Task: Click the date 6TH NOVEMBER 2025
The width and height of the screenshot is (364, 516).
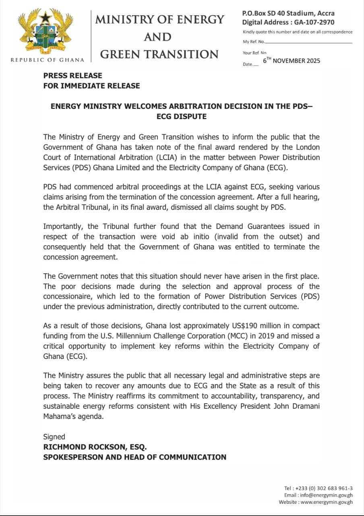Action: tap(292, 60)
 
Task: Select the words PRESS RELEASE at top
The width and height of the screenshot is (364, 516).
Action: tap(73, 75)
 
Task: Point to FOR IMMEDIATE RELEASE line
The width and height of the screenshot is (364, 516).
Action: tap(92, 85)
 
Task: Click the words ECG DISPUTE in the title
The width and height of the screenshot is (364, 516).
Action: tap(182, 116)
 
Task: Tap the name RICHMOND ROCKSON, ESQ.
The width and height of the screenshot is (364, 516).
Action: tap(95, 447)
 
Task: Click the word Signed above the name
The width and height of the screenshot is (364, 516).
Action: tap(54, 437)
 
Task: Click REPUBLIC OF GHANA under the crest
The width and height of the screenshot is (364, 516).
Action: tap(48, 60)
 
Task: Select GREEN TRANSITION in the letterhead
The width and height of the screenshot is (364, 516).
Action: tap(159, 54)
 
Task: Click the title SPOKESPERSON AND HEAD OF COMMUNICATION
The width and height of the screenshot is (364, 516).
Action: tap(134, 457)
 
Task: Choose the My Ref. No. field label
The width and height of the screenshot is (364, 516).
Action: tap(254, 42)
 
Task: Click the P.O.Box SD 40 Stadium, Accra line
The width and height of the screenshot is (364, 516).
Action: tap(288, 13)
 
